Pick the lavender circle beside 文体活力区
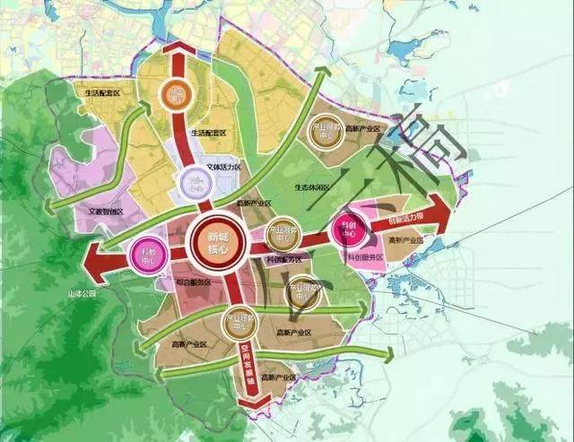click(195, 183)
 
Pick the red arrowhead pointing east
click(442, 211)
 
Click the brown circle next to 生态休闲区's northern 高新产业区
click(324, 132)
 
